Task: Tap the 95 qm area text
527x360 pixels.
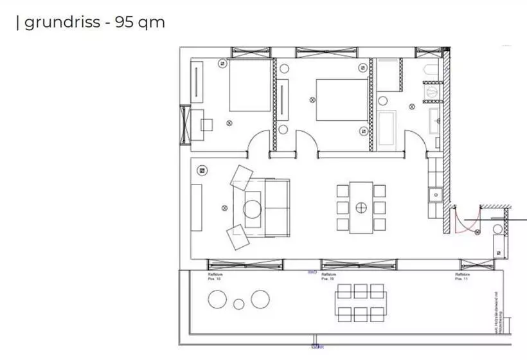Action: (x=139, y=22)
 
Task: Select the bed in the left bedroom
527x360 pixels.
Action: (x=250, y=87)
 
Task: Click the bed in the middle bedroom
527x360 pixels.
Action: (x=341, y=100)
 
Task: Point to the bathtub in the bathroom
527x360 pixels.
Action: (x=388, y=129)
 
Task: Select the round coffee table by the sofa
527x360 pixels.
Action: (x=251, y=208)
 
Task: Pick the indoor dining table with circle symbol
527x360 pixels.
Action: (x=361, y=208)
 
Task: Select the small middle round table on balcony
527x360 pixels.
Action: (x=238, y=304)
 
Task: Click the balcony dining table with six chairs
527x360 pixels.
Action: (x=361, y=303)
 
